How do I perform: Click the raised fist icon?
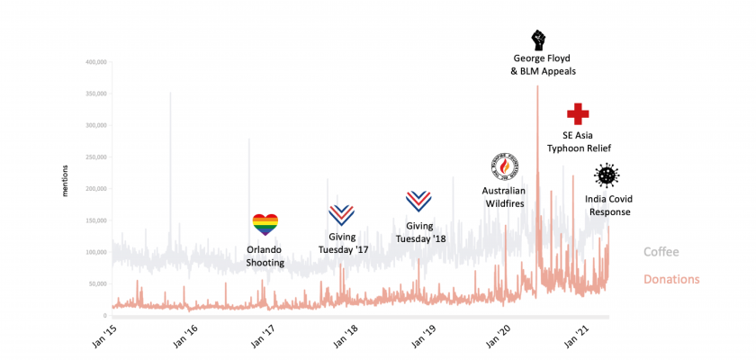click(x=537, y=40)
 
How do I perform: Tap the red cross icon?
click(x=578, y=114)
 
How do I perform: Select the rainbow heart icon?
click(x=265, y=224)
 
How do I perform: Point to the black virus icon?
click(x=607, y=176)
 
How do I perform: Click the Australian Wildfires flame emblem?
click(x=504, y=166)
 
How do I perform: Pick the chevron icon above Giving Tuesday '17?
click(x=341, y=214)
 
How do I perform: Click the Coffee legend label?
click(x=661, y=252)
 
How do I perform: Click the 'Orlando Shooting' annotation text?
click(x=265, y=256)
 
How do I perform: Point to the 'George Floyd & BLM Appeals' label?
click(x=537, y=65)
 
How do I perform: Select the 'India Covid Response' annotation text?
click(x=607, y=206)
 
